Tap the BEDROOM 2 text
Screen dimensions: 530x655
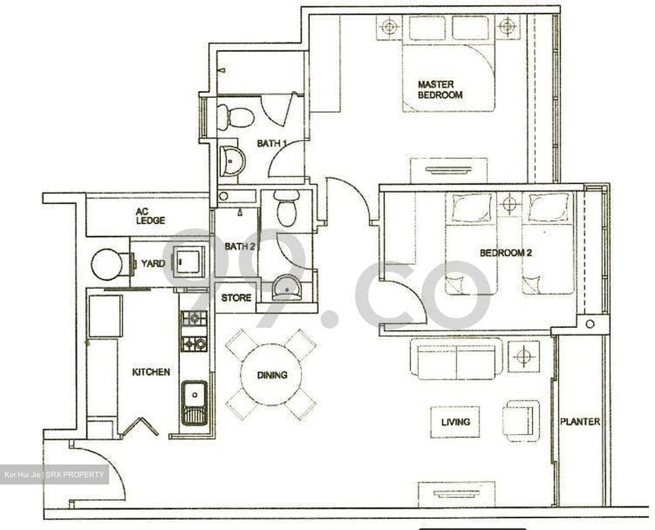click(505, 253)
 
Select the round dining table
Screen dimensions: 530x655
click(272, 375)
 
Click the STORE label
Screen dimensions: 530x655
click(236, 298)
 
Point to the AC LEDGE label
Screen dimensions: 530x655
click(150, 216)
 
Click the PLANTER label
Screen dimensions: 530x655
click(579, 422)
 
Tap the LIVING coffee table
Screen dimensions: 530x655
click(455, 422)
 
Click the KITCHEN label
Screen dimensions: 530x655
click(151, 372)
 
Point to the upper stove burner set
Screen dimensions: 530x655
click(194, 318)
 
